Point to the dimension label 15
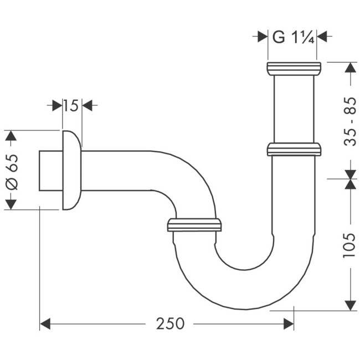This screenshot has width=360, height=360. [x=71, y=105]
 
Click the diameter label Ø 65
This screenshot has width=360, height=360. [x=12, y=171]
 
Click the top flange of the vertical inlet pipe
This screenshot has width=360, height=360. [x=294, y=68]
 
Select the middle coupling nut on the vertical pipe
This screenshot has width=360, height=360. [x=294, y=150]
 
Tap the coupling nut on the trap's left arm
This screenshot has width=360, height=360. [x=194, y=224]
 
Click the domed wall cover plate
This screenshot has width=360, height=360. [x=71, y=171]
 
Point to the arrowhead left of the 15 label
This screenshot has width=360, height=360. [x=56, y=105]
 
